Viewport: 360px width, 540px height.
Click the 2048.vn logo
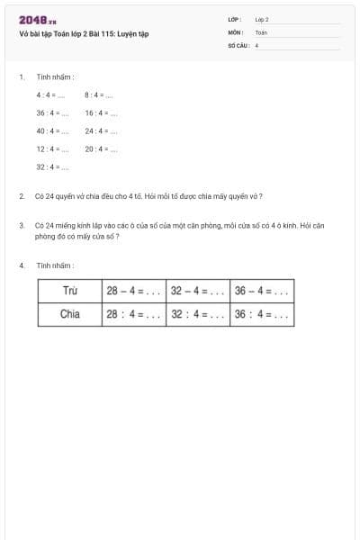[38, 20]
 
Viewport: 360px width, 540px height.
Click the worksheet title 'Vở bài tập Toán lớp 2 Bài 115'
[84, 34]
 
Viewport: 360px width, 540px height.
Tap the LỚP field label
[235, 19]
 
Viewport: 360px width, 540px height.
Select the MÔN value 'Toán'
[261, 31]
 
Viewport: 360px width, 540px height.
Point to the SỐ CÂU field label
[238, 44]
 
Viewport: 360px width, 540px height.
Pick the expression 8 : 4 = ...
[99, 94]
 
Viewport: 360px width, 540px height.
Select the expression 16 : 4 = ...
[102, 113]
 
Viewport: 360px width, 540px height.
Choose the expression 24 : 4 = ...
[102, 131]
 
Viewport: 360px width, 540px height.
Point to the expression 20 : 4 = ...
[102, 149]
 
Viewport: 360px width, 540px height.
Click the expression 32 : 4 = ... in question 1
[53, 167]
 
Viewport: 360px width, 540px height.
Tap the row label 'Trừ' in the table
[69, 291]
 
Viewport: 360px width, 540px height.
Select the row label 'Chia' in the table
[69, 315]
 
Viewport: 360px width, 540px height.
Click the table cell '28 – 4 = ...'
[133, 291]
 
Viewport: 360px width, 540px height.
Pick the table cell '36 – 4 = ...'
[262, 291]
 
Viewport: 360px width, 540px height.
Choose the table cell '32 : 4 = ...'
[198, 315]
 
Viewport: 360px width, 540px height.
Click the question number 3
[22, 225]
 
